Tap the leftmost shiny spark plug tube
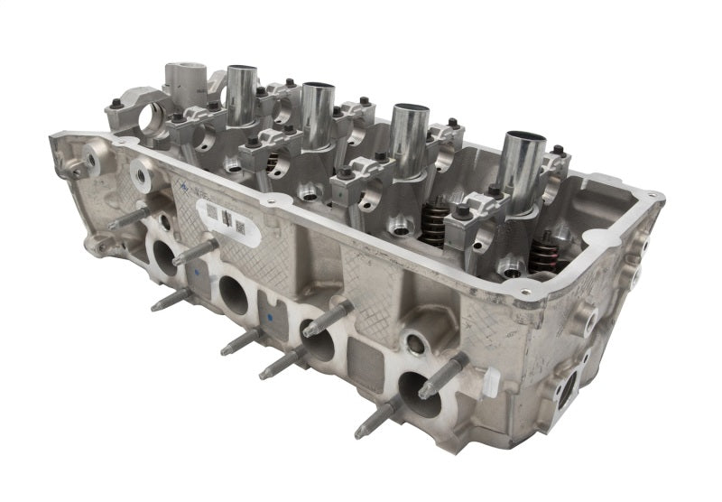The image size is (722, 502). [242, 95]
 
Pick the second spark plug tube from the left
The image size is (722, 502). [317, 113]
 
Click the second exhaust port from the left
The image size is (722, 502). [233, 294]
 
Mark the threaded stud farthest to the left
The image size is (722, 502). [127, 218]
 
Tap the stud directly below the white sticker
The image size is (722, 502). [194, 252]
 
